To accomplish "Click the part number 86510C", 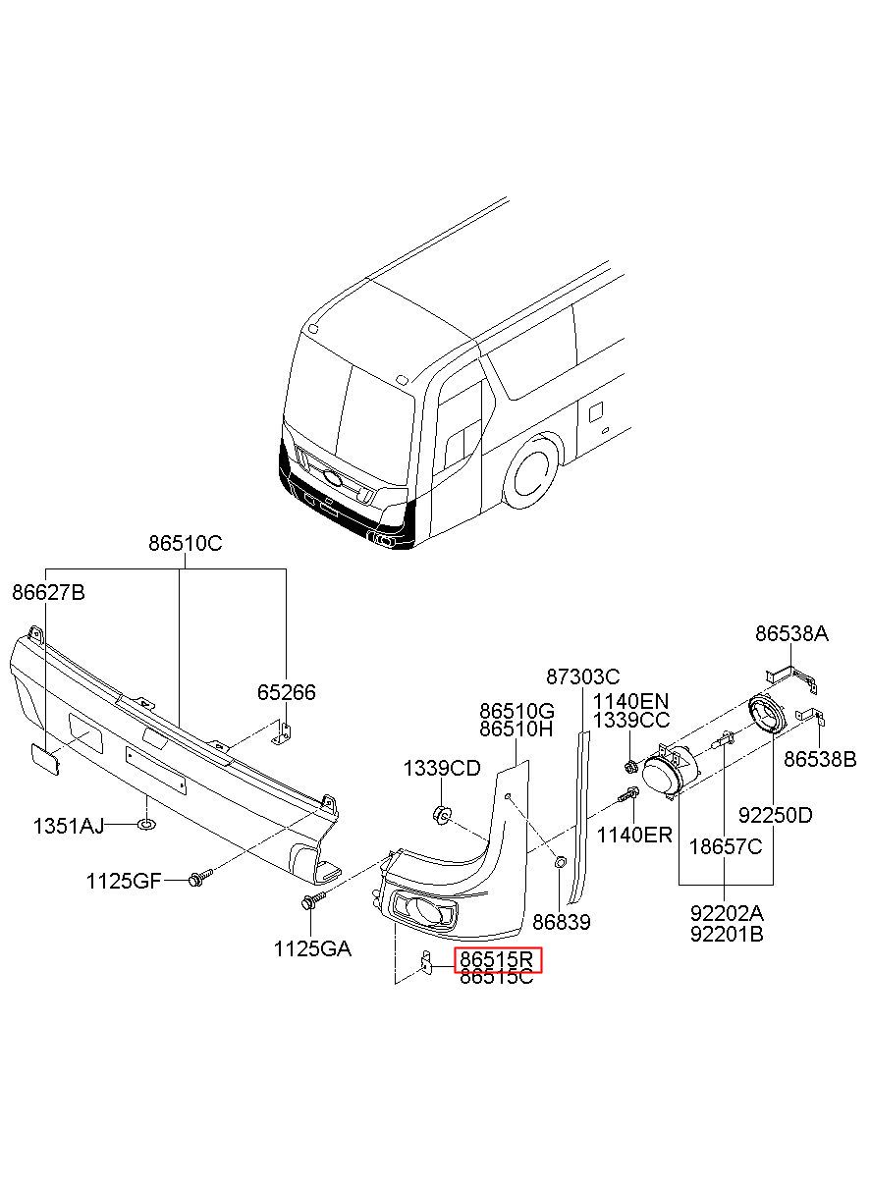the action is click(186, 544).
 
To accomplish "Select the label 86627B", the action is click(48, 592).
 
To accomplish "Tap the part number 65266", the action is click(287, 692).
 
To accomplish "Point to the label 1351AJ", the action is click(69, 826).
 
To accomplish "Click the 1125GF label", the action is click(123, 882).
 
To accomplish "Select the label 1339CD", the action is click(442, 768).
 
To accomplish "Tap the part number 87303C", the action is click(583, 676).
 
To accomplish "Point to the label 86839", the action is click(562, 922).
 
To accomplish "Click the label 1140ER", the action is click(635, 835).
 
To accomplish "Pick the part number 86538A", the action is click(792, 634).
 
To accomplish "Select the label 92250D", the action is click(776, 815).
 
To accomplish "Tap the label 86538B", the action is click(821, 760).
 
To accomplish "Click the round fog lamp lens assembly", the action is click(665, 778).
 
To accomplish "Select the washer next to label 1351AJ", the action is click(146, 825).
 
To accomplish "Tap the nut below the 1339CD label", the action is click(440, 814).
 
